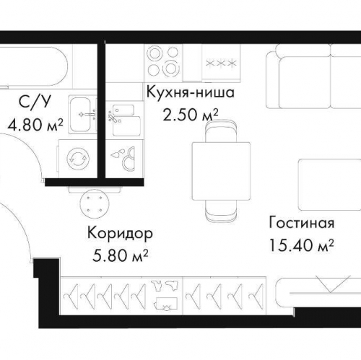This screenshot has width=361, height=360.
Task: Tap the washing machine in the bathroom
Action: tap(79, 154)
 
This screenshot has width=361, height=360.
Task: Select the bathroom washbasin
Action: tap(82, 112)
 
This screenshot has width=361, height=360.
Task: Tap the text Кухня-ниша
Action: tap(191, 94)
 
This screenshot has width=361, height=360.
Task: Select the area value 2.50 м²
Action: tap(191, 115)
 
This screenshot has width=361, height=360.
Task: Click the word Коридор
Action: tap(119, 234)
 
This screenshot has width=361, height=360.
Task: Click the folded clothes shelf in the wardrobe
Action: tap(168, 297)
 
